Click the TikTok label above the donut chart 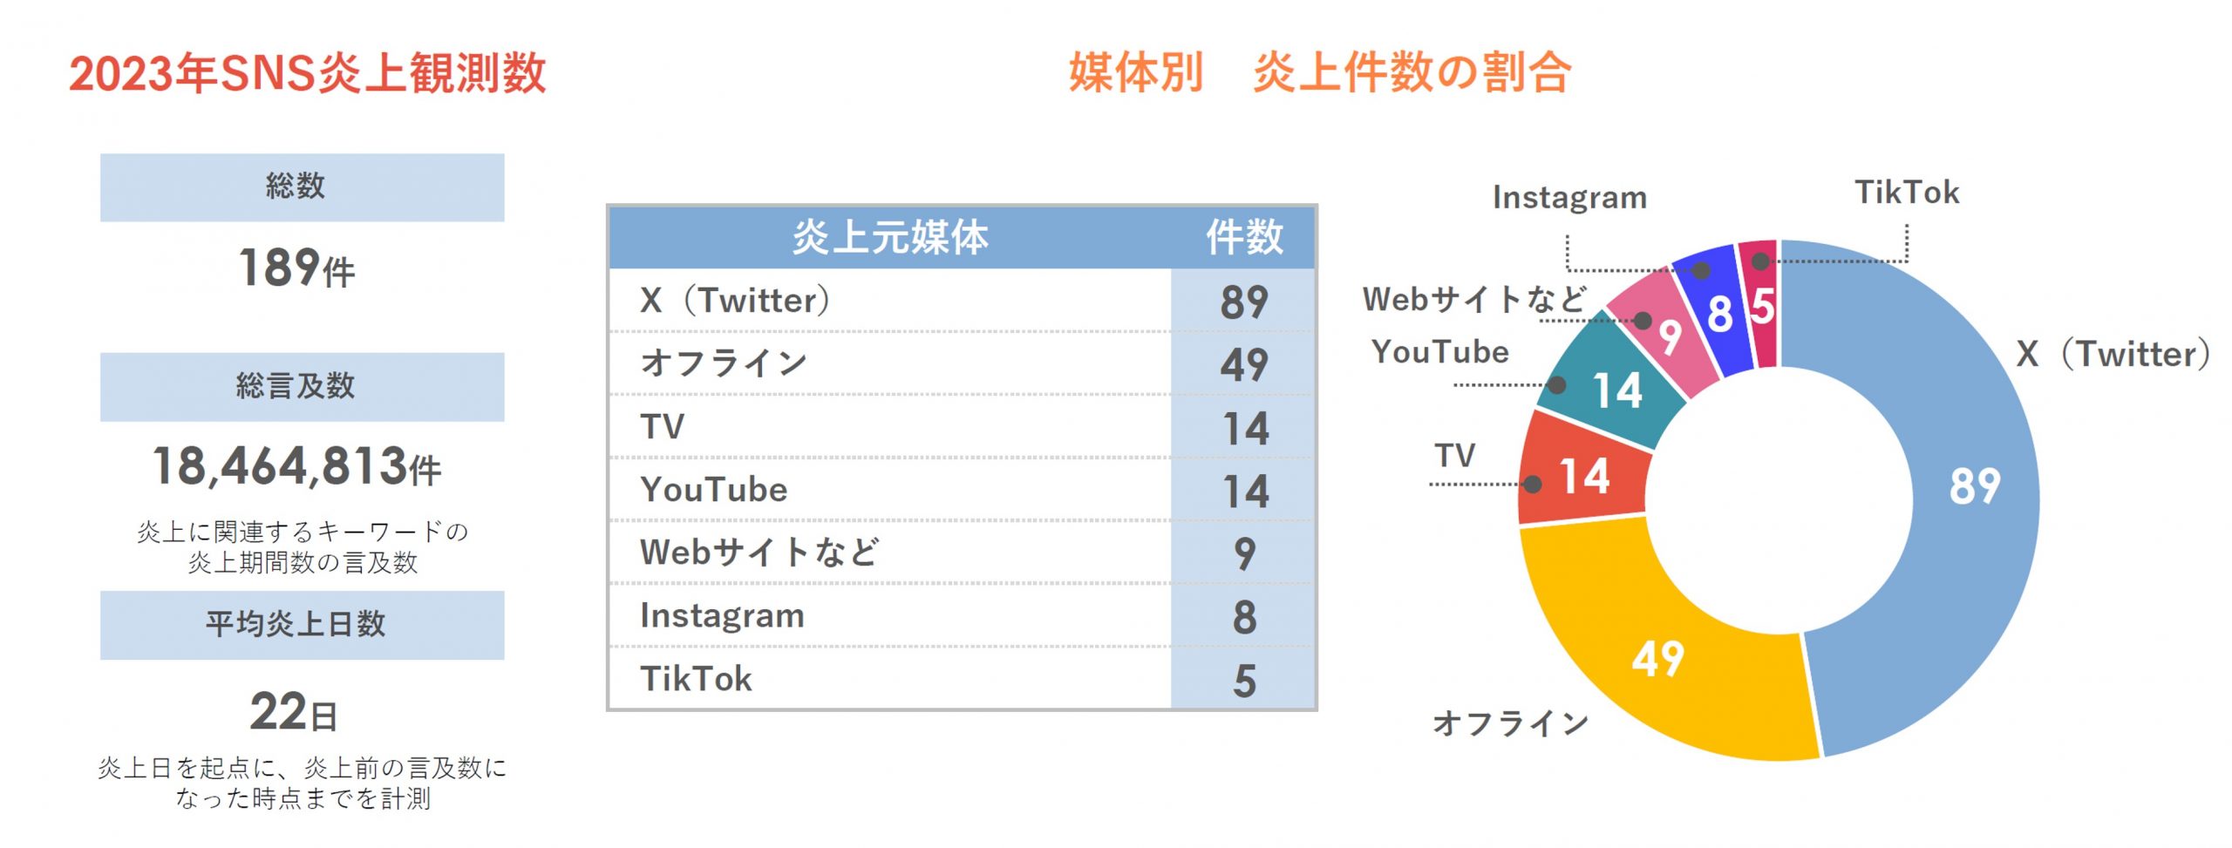click(1906, 192)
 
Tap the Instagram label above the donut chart click(1569, 198)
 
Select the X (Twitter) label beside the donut click(2113, 354)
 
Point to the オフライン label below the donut click(1511, 723)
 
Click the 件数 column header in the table click(1244, 237)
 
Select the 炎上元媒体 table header click(889, 237)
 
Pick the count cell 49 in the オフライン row click(1244, 364)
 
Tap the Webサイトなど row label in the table click(759, 552)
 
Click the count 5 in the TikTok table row click(1244, 680)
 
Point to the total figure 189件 click(296, 268)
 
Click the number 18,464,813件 click(296, 466)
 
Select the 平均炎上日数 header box click(302, 625)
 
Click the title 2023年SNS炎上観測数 click(308, 73)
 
